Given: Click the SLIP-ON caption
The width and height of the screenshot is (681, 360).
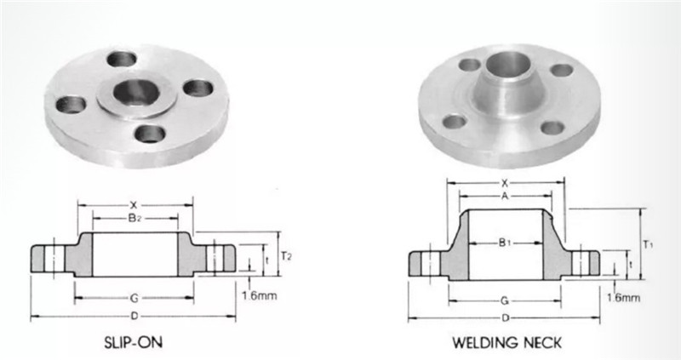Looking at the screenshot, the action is (134, 342).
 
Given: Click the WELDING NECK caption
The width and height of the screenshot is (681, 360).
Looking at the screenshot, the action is (506, 343).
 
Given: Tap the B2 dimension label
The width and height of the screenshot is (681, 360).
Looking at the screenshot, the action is (134, 219).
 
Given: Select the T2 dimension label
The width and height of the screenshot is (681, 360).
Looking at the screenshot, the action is (286, 256).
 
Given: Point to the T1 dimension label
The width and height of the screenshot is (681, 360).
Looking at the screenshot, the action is (648, 245).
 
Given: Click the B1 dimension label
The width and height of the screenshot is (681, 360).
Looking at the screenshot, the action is (504, 243).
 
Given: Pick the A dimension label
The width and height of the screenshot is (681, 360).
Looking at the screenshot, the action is (505, 196).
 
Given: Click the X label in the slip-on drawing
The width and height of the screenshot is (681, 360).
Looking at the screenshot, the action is (134, 204).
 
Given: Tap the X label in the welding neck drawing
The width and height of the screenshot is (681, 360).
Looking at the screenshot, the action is (505, 183).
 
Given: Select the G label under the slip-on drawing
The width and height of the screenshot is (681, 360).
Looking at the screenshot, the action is (134, 299).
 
